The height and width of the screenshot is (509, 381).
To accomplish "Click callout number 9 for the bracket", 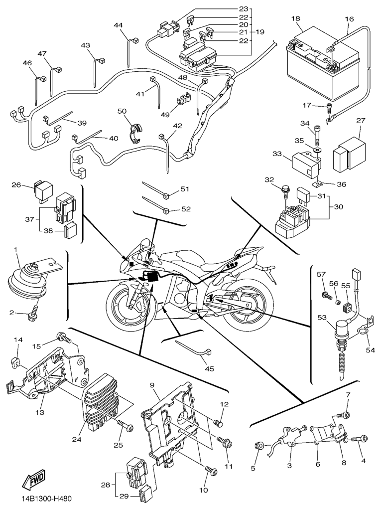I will [x=152, y=384].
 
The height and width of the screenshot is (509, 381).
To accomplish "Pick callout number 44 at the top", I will [x=118, y=25].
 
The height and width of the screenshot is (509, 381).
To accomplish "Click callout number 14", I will [x=18, y=340].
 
